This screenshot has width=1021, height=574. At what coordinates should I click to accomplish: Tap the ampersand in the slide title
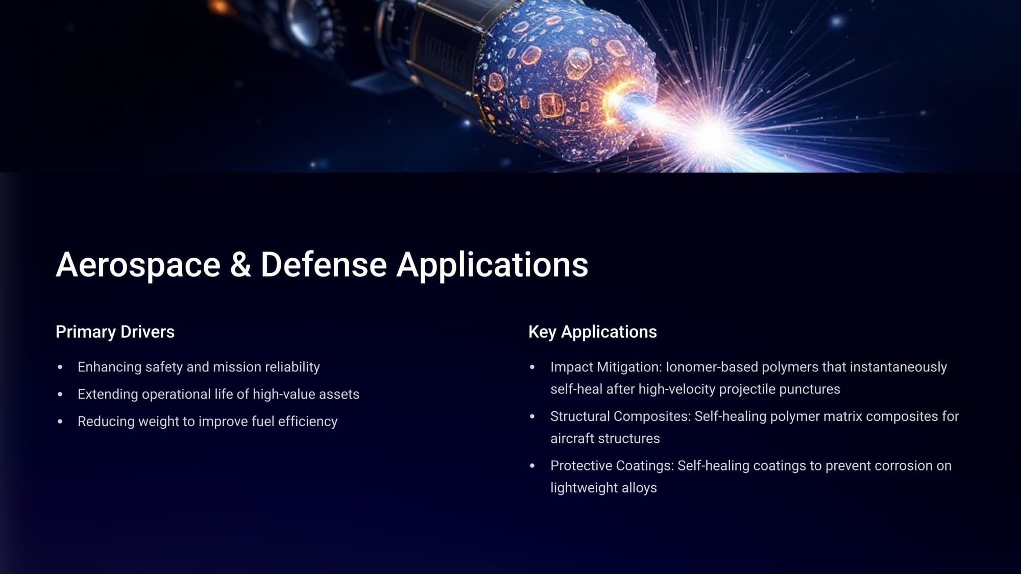(240, 265)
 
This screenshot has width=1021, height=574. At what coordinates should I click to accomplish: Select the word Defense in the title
(324, 265)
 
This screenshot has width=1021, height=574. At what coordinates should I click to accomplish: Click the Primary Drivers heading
(115, 332)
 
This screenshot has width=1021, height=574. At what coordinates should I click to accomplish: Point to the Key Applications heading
(593, 332)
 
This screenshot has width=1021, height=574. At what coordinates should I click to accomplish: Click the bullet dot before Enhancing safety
(60, 367)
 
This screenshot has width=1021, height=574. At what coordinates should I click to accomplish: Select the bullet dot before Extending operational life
(60, 394)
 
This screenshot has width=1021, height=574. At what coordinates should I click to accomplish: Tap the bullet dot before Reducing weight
(60, 421)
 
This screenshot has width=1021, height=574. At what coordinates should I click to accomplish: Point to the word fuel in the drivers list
(263, 421)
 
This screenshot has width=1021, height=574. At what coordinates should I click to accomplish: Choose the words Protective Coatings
(613, 466)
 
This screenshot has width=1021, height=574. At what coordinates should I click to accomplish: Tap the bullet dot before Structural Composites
(532, 417)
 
